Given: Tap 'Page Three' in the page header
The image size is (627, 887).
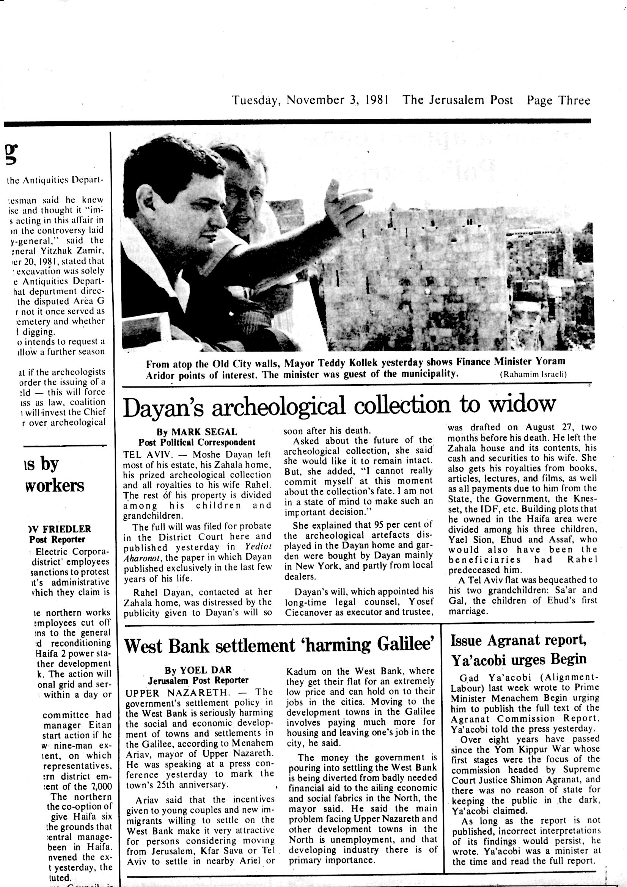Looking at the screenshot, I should pyautogui.click(x=558, y=100).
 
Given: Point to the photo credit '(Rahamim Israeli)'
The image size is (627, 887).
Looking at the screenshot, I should pyautogui.click(x=533, y=374).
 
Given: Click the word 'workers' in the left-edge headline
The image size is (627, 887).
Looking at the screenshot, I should pyautogui.click(x=55, y=486).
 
